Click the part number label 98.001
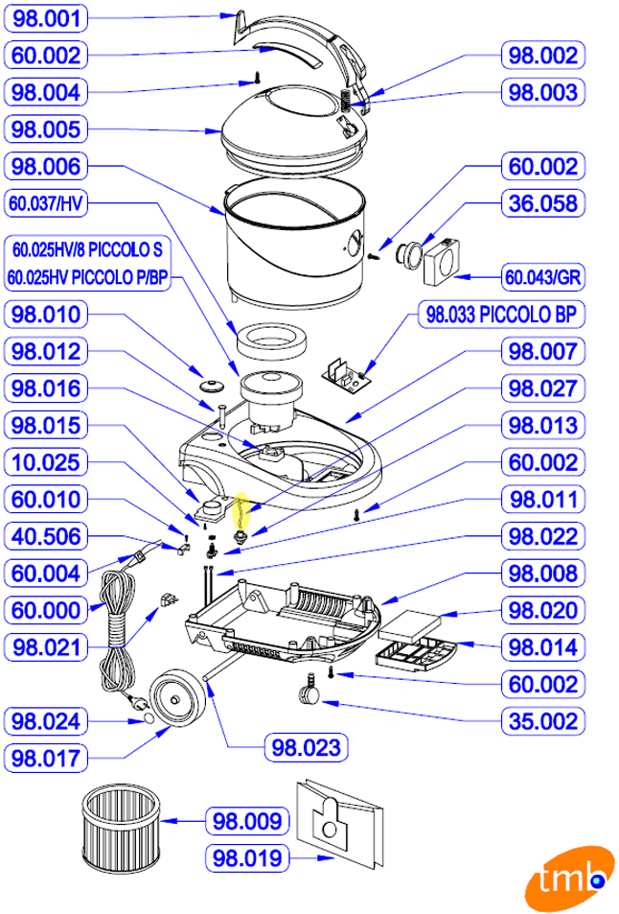pos(59,18)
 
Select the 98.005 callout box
pos(59,129)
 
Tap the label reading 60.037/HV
pos(59,204)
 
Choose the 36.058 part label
pos(543,204)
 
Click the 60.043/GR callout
pos(543,278)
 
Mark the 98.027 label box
pos(543,388)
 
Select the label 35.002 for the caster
pos(543,721)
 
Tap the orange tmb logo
pos(568,879)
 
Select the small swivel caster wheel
pos(310,688)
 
